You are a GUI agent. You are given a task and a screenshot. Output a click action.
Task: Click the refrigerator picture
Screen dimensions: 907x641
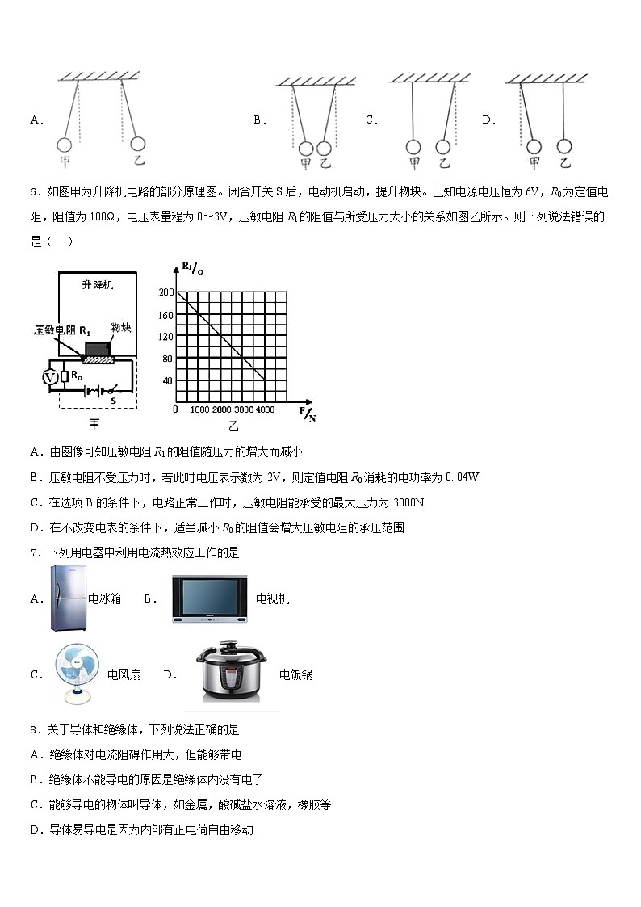point(67,598)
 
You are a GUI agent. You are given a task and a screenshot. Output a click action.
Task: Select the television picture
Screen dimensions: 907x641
point(208,598)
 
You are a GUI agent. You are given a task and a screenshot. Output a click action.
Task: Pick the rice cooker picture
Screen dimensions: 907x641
point(233,674)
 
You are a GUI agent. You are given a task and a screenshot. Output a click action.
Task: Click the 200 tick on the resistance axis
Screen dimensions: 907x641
point(167,292)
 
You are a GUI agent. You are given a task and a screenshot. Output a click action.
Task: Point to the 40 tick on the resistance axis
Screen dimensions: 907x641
point(169,380)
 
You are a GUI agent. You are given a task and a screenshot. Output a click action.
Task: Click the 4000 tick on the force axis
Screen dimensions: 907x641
point(264,410)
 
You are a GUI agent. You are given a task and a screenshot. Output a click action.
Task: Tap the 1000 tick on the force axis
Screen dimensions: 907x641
point(199,410)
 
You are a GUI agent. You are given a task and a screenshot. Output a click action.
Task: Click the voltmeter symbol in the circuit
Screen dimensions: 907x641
point(50,376)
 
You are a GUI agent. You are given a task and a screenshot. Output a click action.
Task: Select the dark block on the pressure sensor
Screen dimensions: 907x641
point(98,348)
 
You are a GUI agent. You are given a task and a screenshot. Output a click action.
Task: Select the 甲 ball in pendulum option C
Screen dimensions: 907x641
point(413,147)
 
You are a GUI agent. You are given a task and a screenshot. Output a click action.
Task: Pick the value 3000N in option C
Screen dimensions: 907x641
point(408,502)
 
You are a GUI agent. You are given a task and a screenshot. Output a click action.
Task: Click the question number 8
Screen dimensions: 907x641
point(33,729)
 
